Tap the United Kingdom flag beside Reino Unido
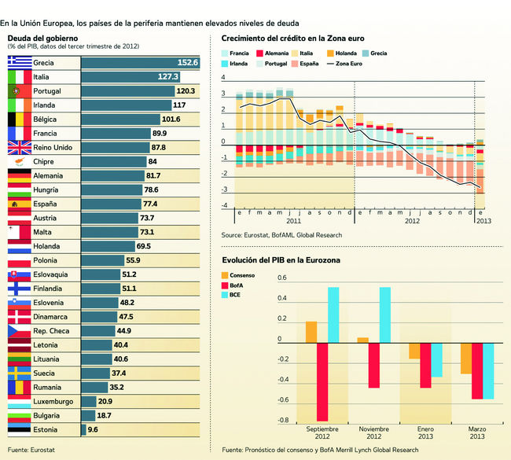19,147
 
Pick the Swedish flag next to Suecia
19,373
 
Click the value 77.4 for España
150,204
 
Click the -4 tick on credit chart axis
224,206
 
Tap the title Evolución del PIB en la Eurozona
281,259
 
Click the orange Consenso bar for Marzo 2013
467,358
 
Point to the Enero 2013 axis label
425,433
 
